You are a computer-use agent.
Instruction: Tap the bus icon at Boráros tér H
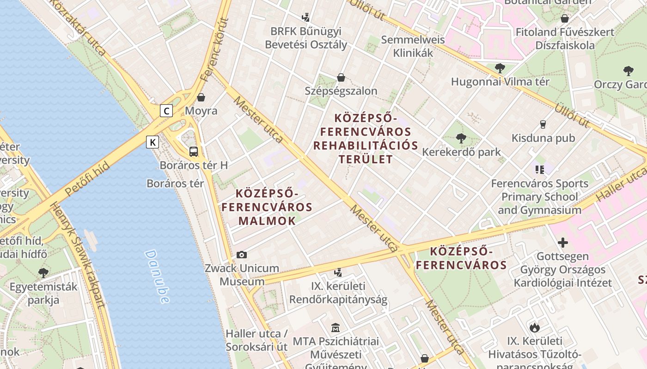pos(194,151)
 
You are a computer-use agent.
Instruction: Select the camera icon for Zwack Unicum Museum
pos(241,255)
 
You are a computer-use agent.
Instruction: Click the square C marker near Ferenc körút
pos(166,111)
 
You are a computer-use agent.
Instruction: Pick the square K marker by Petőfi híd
pos(153,142)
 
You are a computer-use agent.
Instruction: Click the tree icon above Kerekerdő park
pos(461,138)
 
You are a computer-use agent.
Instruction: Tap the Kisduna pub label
pos(543,138)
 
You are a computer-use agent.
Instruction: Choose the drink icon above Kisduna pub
pos(543,124)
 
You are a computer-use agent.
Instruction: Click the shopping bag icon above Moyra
pos(201,97)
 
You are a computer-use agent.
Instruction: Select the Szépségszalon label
pos(341,91)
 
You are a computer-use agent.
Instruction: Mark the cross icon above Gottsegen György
pos(562,242)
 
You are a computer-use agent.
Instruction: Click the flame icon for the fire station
pos(535,327)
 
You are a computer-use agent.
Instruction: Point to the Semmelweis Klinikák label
pos(413,46)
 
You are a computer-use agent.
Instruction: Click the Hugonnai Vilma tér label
pos(500,82)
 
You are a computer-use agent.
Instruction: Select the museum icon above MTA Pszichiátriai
pos(336,328)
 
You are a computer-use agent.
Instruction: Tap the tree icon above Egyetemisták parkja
pos(43,273)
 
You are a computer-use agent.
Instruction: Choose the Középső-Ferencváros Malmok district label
pos(267,207)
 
